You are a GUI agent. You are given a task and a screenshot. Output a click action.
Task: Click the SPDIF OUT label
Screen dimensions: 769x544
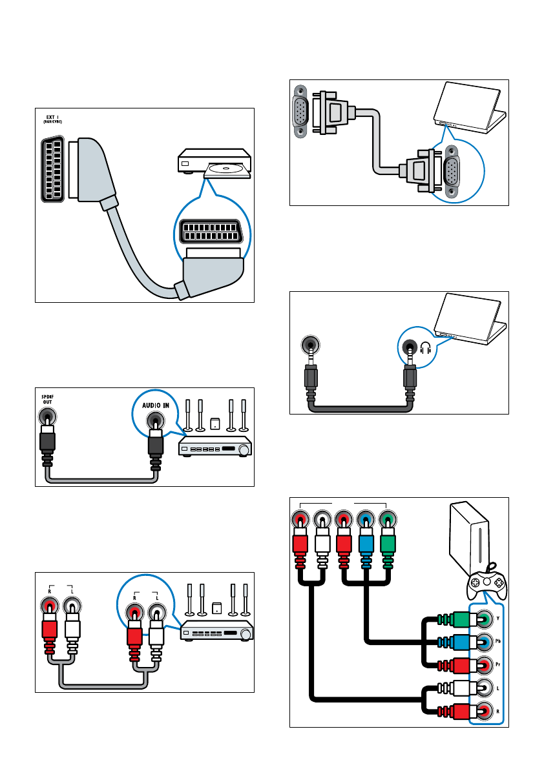[x=46, y=398]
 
